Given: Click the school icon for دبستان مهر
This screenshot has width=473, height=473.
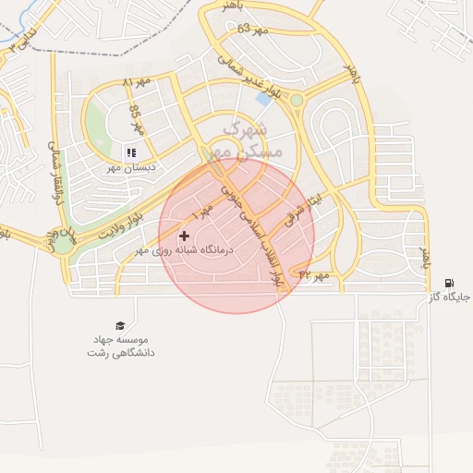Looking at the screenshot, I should tap(130, 152).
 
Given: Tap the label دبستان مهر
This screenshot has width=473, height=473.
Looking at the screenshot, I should tap(155, 168).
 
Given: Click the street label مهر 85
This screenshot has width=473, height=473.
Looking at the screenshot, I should tap(137, 118).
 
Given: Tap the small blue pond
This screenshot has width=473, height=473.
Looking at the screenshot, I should tap(265, 96).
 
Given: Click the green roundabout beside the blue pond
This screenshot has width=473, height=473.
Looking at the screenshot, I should tap(296, 100).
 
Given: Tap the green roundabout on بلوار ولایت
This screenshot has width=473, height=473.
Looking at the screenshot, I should tap(63, 244).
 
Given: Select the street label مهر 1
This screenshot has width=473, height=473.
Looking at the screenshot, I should tap(202, 212).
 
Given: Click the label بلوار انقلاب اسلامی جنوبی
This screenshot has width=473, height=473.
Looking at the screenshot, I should tap(255, 231).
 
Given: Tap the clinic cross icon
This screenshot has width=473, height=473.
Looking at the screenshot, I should tap(184, 236).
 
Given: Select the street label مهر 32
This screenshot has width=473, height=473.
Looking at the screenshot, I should tap(313, 274).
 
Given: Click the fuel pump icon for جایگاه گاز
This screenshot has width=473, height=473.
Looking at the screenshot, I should tap(449, 284).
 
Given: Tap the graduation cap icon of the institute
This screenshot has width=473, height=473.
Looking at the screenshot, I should tap(119, 325).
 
